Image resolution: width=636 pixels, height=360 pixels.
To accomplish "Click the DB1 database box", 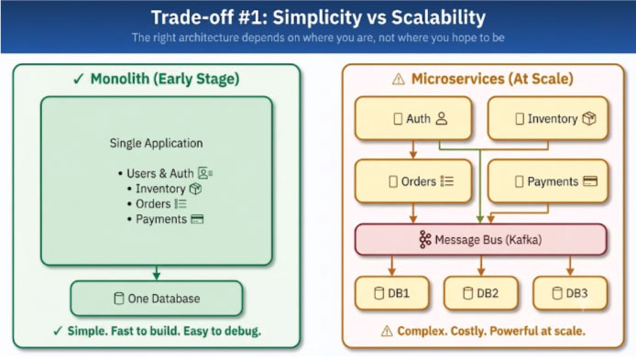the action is click(x=392, y=293).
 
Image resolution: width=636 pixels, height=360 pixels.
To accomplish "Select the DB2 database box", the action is click(x=480, y=293).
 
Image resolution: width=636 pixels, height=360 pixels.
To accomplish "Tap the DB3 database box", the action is click(x=570, y=293).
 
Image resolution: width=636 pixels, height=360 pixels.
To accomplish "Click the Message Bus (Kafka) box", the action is click(x=480, y=240).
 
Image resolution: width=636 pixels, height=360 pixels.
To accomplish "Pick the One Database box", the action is click(x=157, y=299).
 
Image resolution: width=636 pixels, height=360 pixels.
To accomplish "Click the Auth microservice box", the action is click(x=413, y=118).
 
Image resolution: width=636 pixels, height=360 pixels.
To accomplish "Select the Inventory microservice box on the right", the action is click(x=548, y=118).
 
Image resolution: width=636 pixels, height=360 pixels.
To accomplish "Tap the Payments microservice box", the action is click(x=548, y=181).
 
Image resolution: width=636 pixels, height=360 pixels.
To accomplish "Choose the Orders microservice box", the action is click(x=413, y=181).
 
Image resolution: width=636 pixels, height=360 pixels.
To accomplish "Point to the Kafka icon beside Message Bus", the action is click(x=424, y=240).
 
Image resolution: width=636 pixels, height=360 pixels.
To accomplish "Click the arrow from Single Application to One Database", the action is click(x=157, y=273).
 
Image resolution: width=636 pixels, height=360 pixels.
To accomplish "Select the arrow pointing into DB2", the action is click(x=481, y=266).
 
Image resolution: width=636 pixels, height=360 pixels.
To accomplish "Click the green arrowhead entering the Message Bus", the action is click(x=480, y=219).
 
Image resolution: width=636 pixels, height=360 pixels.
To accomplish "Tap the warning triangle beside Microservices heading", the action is click(x=399, y=79).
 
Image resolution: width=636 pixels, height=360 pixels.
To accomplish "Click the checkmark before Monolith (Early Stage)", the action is click(x=78, y=79).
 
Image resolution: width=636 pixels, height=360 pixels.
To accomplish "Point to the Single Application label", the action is click(x=156, y=143).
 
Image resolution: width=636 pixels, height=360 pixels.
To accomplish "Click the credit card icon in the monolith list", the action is click(x=197, y=219).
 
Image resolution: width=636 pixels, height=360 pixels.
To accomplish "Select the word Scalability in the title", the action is click(x=438, y=17).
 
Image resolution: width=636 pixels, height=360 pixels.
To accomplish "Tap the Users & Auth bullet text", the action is click(x=160, y=173).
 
